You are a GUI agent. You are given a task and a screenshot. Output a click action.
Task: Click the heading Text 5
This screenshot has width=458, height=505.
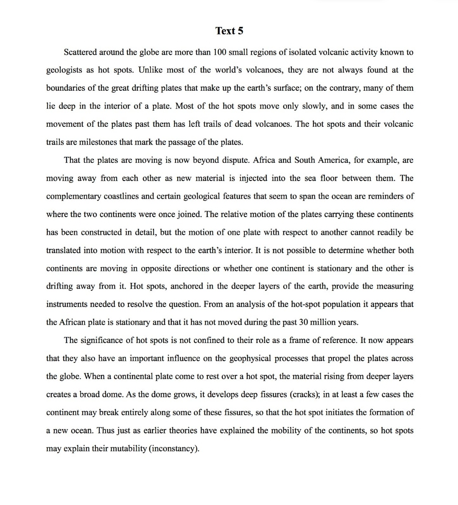tap(229, 31)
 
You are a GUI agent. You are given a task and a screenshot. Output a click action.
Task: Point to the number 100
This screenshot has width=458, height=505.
tap(219, 52)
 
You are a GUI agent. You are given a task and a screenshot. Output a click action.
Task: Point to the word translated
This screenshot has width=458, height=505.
tap(63, 250)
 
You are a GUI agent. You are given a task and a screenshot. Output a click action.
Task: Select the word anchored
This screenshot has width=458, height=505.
tap(187, 286)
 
